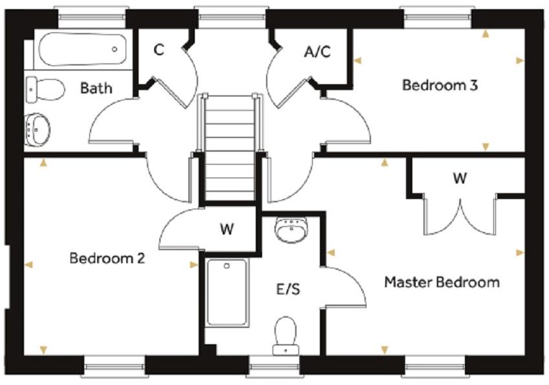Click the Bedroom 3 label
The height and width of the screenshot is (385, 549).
coord(440,85)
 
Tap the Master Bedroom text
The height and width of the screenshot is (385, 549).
coord(442,283)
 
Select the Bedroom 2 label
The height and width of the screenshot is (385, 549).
coord(107,258)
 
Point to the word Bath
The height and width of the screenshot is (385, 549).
coord(96,87)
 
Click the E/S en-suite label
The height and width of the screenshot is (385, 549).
coord(288,290)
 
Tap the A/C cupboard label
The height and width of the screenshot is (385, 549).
coord(317,52)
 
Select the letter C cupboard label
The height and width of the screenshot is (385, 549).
coord(159,51)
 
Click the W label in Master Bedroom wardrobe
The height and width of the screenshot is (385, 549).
coord(460,179)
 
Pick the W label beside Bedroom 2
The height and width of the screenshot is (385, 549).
coord(226,229)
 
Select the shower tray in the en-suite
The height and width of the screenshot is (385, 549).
coord(227,293)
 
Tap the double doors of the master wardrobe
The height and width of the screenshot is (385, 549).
coord(460,217)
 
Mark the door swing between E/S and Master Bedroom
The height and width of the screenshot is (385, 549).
coord(346,285)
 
